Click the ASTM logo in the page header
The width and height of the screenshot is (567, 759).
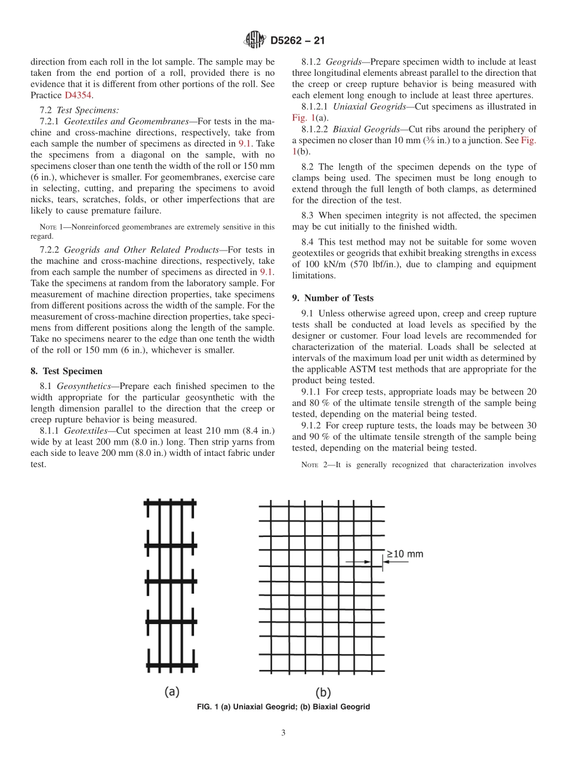[255, 41]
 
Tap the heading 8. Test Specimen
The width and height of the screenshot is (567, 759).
[66, 371]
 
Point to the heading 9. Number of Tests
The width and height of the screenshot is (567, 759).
[332, 298]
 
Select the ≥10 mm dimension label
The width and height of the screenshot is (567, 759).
[405, 554]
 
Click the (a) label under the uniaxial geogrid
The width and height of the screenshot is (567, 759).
[172, 692]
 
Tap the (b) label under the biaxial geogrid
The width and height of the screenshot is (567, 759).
[323, 692]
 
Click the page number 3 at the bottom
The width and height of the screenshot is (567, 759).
[283, 733]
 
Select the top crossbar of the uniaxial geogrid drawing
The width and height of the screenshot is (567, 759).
[170, 503]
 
